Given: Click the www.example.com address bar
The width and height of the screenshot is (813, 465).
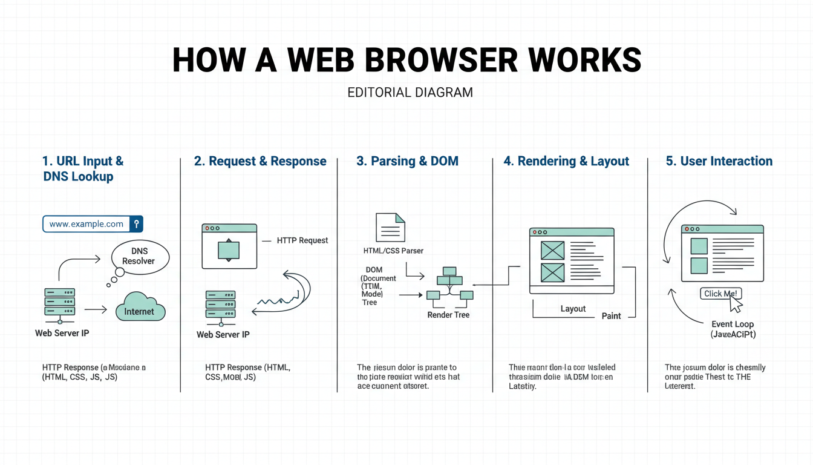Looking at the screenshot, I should (x=87, y=224).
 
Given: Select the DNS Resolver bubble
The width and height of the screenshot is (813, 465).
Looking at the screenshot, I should (x=139, y=256).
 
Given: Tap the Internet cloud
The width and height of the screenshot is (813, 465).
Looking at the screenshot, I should (x=140, y=309).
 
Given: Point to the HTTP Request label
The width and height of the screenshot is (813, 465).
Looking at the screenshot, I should (x=302, y=240).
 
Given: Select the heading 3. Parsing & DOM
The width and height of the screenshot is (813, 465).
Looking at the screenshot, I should (x=407, y=161).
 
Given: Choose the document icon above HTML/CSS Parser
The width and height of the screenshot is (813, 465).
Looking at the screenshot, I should (x=390, y=228).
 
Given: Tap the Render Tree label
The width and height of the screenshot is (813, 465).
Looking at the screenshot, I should (x=448, y=315).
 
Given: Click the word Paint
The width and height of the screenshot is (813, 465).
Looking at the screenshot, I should (x=611, y=316).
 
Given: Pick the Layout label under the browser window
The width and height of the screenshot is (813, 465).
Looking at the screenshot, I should (x=573, y=309).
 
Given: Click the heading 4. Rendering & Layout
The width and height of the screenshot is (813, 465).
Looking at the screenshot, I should (x=566, y=161).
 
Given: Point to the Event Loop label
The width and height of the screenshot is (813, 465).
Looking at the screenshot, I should (x=732, y=324).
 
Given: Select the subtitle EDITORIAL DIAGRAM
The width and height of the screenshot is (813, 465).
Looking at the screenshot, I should (x=410, y=93).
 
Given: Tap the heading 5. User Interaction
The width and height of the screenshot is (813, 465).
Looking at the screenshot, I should (x=719, y=161).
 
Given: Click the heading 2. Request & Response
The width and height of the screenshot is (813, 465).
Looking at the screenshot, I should (x=260, y=161).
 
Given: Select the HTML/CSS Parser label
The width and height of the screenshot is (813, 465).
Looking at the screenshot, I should (x=393, y=251).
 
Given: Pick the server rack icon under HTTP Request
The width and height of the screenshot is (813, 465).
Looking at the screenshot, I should (x=220, y=305).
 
